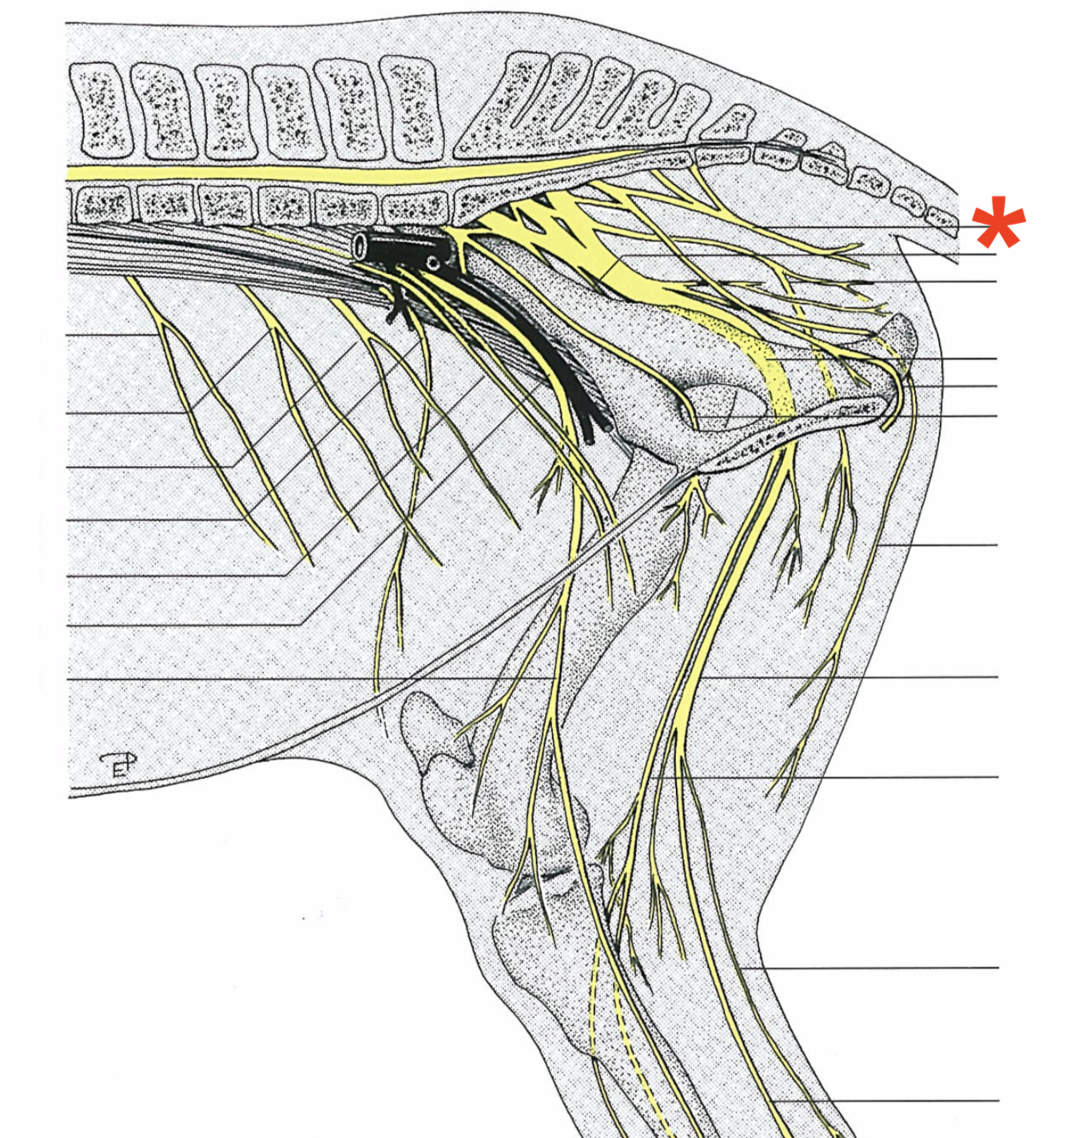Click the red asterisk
click(998, 223)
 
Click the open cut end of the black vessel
click(360, 247)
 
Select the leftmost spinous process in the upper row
click(100, 111)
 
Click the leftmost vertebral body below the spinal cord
click(102, 205)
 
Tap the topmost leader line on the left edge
click(112, 334)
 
